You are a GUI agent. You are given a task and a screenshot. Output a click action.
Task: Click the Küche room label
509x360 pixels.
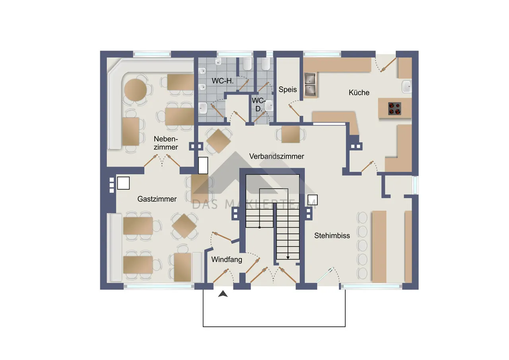click(x=359, y=93)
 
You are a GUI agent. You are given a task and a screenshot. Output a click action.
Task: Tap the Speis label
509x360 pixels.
click(x=288, y=90)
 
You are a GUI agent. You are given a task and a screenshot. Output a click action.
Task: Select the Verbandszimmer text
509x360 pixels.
click(x=276, y=156)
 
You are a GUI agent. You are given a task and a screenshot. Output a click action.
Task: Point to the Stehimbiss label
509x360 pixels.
click(x=332, y=235)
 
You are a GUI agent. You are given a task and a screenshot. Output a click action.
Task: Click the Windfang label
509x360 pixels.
click(x=227, y=259)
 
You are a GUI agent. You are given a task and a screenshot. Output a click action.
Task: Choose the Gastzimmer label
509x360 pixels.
click(x=157, y=199)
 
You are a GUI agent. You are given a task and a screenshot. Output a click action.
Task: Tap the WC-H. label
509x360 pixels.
click(x=223, y=81)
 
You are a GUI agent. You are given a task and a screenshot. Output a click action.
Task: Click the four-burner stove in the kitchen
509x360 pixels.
click(x=395, y=109)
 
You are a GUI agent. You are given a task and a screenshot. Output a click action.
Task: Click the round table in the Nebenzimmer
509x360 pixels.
click(x=136, y=90)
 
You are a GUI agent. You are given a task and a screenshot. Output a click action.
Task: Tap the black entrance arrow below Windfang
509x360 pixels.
click(x=223, y=294)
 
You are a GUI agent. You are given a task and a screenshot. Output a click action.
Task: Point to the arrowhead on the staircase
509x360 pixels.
click(x=288, y=257)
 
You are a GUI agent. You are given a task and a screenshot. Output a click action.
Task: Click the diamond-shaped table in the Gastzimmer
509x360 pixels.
click(x=184, y=226)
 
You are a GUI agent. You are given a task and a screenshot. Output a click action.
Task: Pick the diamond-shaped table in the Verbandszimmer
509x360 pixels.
click(x=218, y=141)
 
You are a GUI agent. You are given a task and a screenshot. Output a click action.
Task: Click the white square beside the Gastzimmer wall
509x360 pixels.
click(x=123, y=183)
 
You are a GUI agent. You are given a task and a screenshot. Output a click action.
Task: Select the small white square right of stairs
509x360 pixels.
click(x=313, y=200)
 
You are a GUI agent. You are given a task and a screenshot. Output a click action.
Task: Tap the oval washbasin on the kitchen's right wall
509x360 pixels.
click(x=407, y=87)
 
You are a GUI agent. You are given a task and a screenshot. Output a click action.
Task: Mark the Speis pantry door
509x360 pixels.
click(x=294, y=110)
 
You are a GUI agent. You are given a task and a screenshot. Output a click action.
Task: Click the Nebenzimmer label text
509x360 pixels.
click(x=166, y=143)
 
